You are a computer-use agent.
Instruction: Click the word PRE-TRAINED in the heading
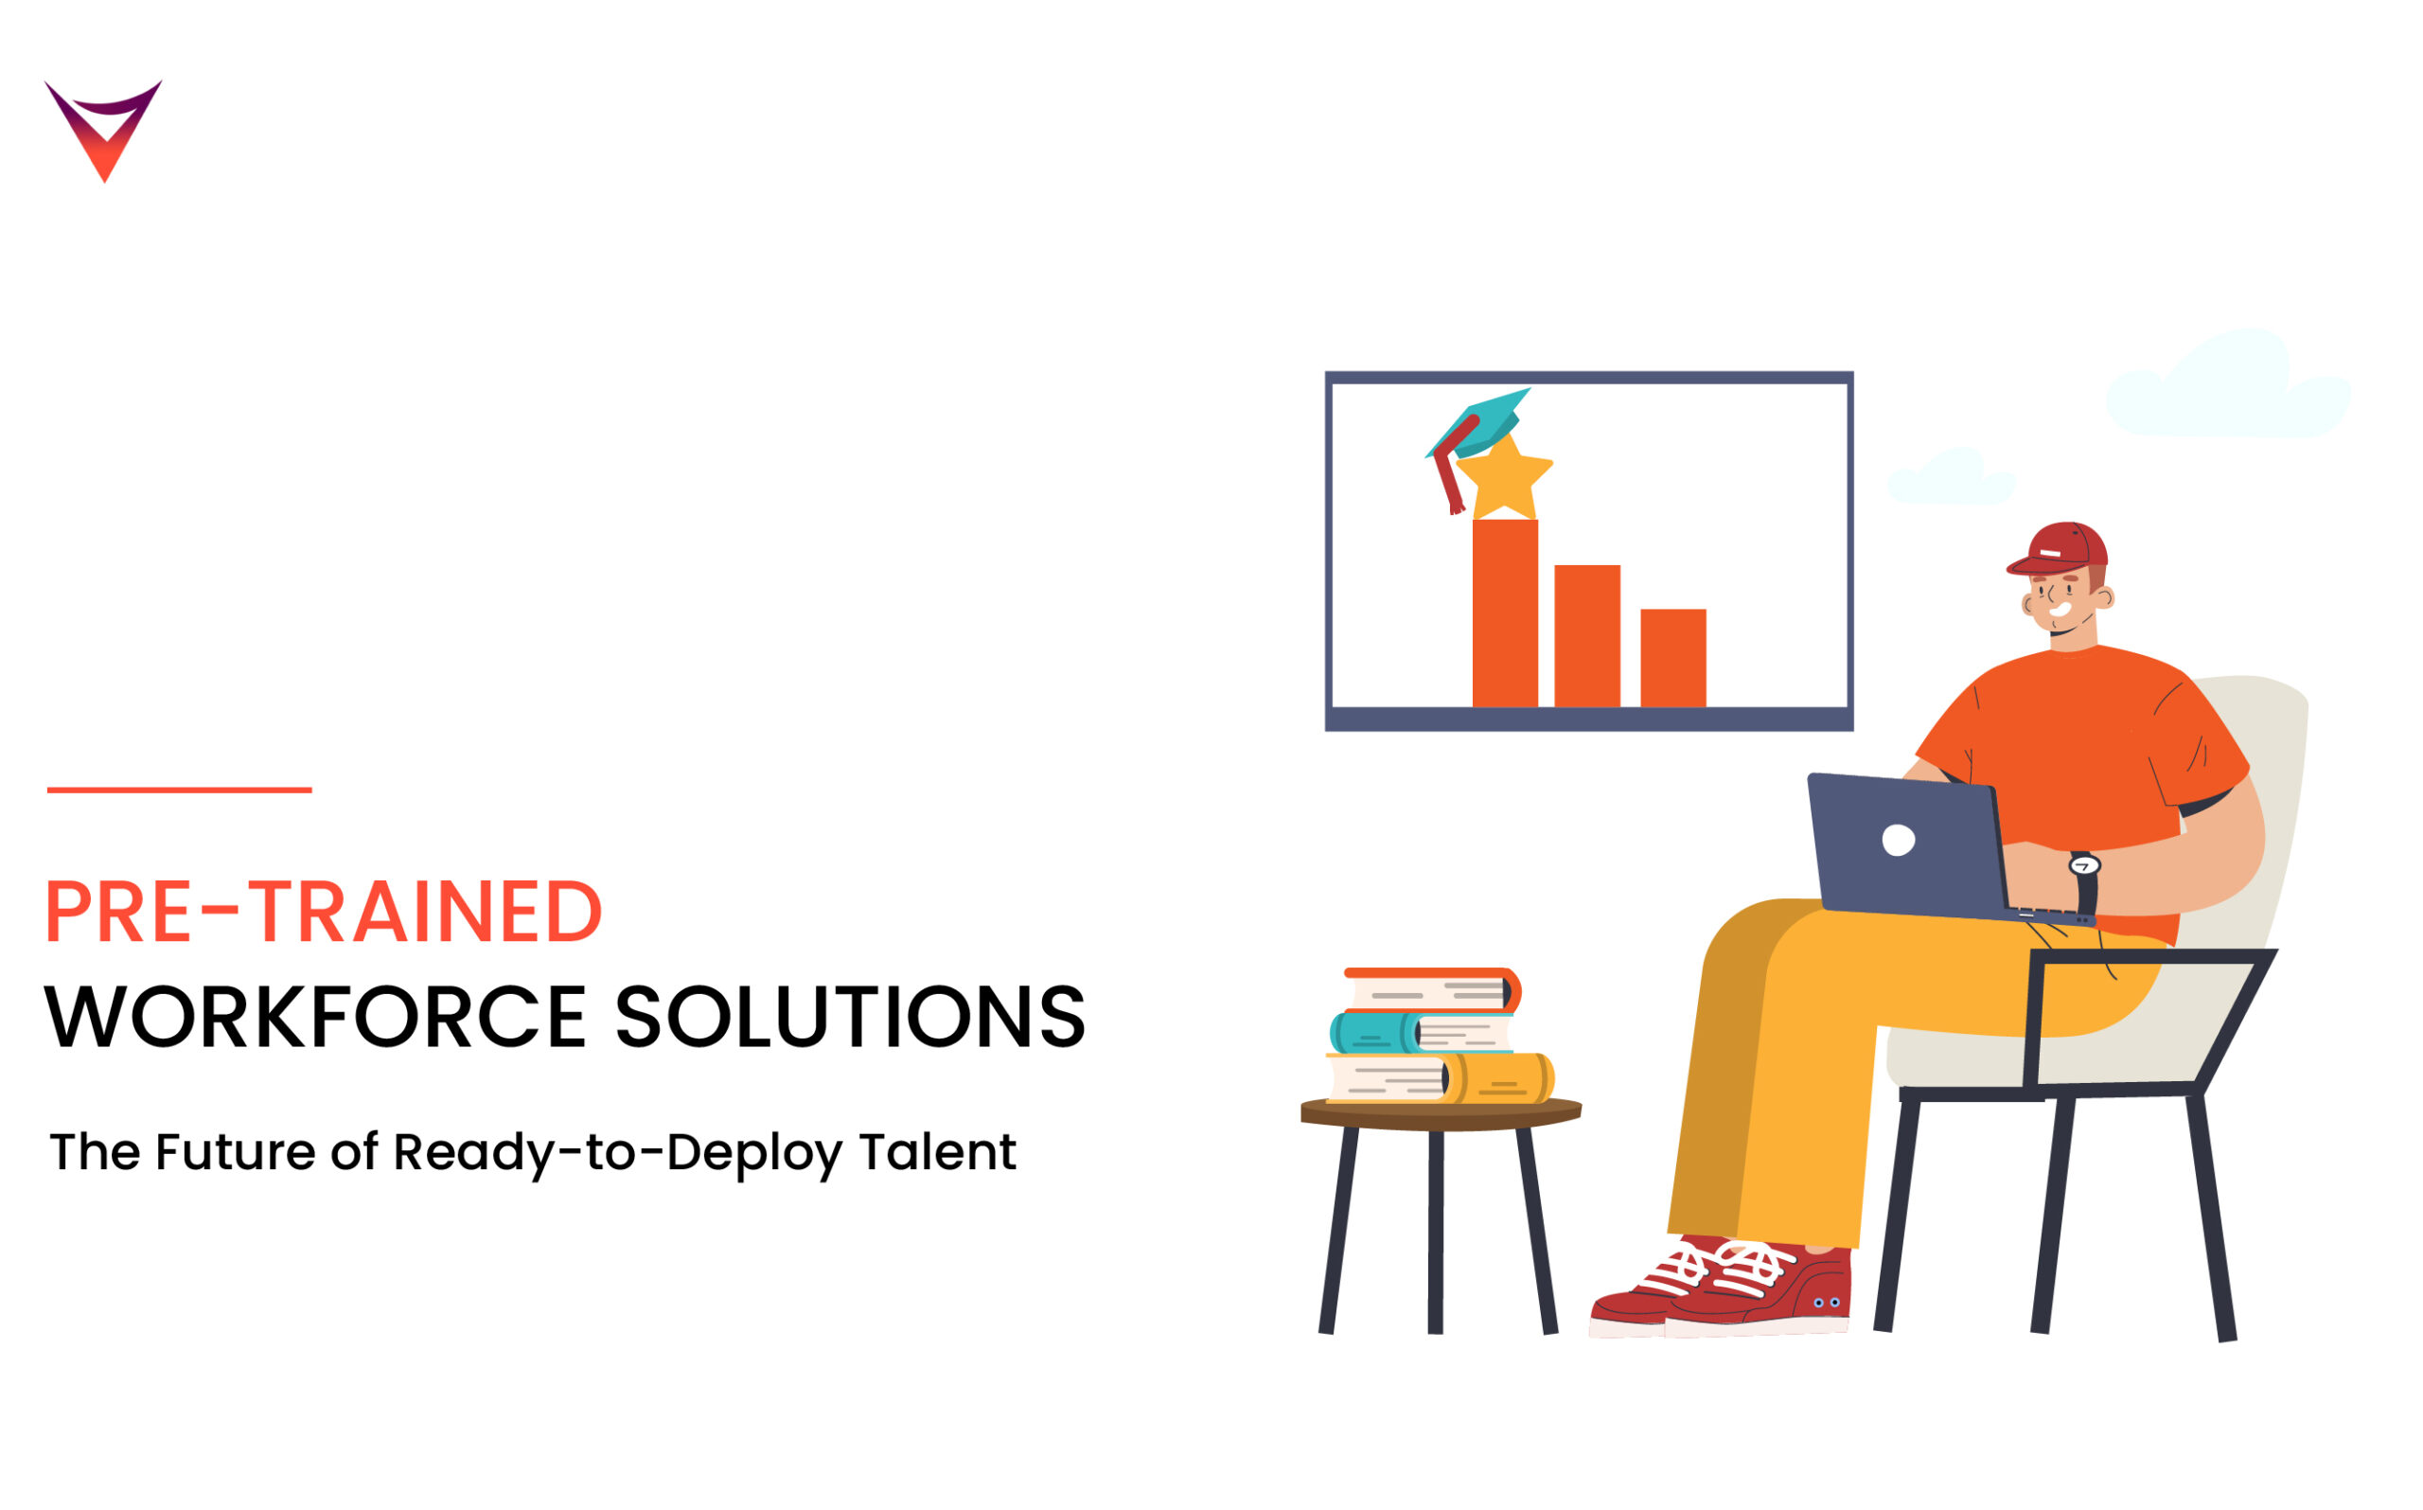[324, 912]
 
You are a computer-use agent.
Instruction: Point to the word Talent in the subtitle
[937, 1152]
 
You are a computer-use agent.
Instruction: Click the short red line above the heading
[180, 790]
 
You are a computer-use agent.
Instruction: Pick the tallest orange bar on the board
[1505, 613]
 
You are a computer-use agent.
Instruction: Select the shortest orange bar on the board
[1673, 658]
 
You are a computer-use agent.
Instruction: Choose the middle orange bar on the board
[1587, 636]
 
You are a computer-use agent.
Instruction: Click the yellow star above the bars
[1504, 478]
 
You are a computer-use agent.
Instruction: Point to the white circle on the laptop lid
[1898, 841]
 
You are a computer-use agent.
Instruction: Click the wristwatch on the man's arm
[2084, 866]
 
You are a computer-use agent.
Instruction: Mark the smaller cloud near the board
[1950, 479]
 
